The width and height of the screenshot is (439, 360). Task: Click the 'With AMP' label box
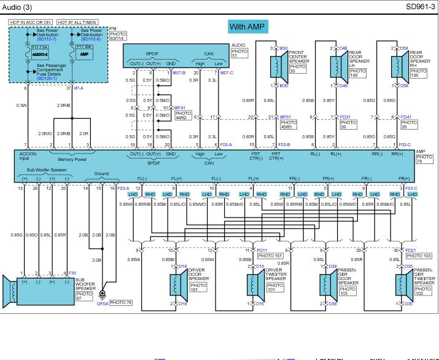tap(246, 26)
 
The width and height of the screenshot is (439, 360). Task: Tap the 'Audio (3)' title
tap(18, 7)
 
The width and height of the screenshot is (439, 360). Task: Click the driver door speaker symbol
tap(176, 284)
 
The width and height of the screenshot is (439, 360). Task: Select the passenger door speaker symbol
tap(325, 284)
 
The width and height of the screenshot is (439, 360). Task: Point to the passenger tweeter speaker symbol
tap(402, 284)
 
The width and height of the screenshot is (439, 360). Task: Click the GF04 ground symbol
tap(103, 295)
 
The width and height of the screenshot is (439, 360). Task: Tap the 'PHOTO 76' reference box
tap(120, 303)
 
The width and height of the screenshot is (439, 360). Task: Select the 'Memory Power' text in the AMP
tap(72, 159)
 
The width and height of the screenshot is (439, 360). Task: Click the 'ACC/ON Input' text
tap(28, 156)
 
